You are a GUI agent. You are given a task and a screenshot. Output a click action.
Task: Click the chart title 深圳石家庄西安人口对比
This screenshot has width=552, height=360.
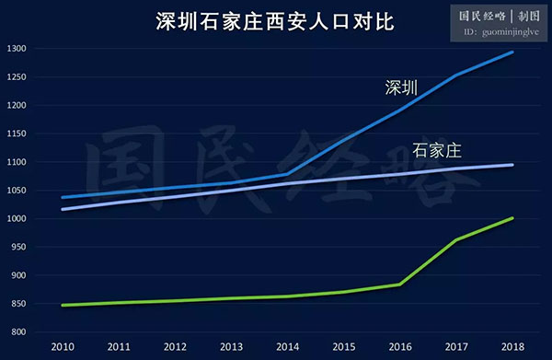pos(267,20)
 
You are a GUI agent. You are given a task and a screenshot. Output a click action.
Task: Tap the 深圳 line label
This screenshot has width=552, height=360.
pos(401,88)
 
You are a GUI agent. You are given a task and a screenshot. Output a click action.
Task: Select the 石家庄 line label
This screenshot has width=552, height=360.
pos(436,150)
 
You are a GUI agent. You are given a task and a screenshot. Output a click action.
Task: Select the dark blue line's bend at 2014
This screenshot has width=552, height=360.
pos(288,174)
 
